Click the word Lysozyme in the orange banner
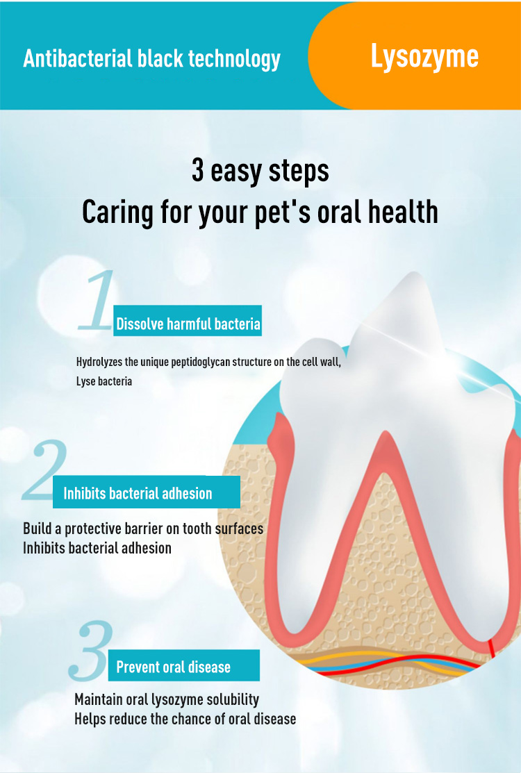[424, 58]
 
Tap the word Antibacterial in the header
[78, 58]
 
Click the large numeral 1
[97, 299]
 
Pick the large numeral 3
[91, 651]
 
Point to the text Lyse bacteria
[104, 381]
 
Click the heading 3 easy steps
[260, 171]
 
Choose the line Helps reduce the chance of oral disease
[185, 719]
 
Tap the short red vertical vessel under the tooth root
[491, 648]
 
